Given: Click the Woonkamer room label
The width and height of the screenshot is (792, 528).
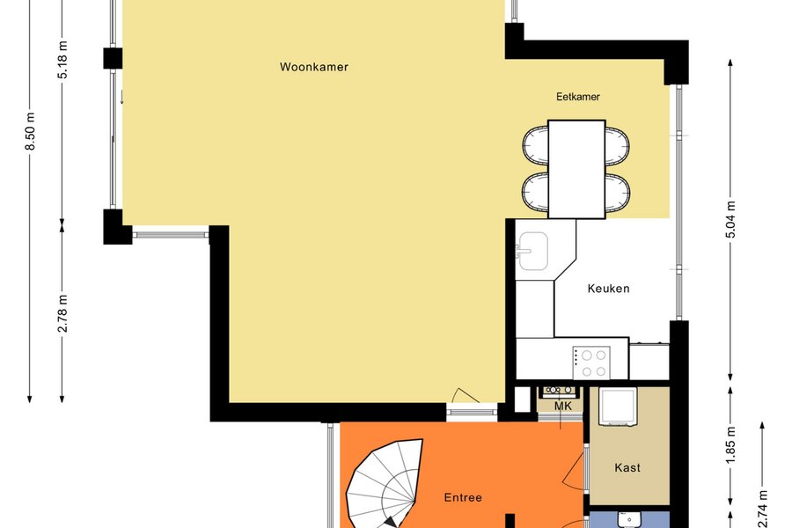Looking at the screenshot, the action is [314, 67].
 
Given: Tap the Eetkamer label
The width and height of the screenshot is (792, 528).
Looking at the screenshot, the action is [578, 97].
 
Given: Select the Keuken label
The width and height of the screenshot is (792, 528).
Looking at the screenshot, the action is [609, 289].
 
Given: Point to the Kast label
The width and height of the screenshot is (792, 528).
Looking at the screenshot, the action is [627, 468].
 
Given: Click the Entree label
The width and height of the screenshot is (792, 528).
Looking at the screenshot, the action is [463, 498].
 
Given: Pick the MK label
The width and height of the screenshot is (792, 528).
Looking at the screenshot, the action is [562, 407].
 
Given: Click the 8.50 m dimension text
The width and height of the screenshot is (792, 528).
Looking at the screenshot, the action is [30, 131].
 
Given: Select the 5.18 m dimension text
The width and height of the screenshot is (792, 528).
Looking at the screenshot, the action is [62, 60].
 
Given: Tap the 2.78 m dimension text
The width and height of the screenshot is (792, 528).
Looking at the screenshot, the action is [62, 313].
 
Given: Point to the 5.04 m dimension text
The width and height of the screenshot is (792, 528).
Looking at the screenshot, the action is [731, 219].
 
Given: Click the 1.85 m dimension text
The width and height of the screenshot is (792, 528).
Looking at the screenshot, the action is [731, 444].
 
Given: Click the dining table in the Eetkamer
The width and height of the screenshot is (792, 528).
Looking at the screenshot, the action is [576, 169].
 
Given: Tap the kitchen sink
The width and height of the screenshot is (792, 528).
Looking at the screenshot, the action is [533, 251].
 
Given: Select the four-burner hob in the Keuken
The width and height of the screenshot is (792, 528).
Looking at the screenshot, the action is [591, 363].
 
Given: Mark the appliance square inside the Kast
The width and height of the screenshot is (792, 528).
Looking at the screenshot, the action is [618, 407].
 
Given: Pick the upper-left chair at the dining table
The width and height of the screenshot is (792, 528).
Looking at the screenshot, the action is [536, 145].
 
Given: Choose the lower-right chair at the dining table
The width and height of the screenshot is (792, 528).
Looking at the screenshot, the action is [617, 192].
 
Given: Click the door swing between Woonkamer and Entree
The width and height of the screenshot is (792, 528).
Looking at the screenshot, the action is [466, 396].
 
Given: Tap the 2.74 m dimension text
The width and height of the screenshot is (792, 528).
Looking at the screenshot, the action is [763, 510].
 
